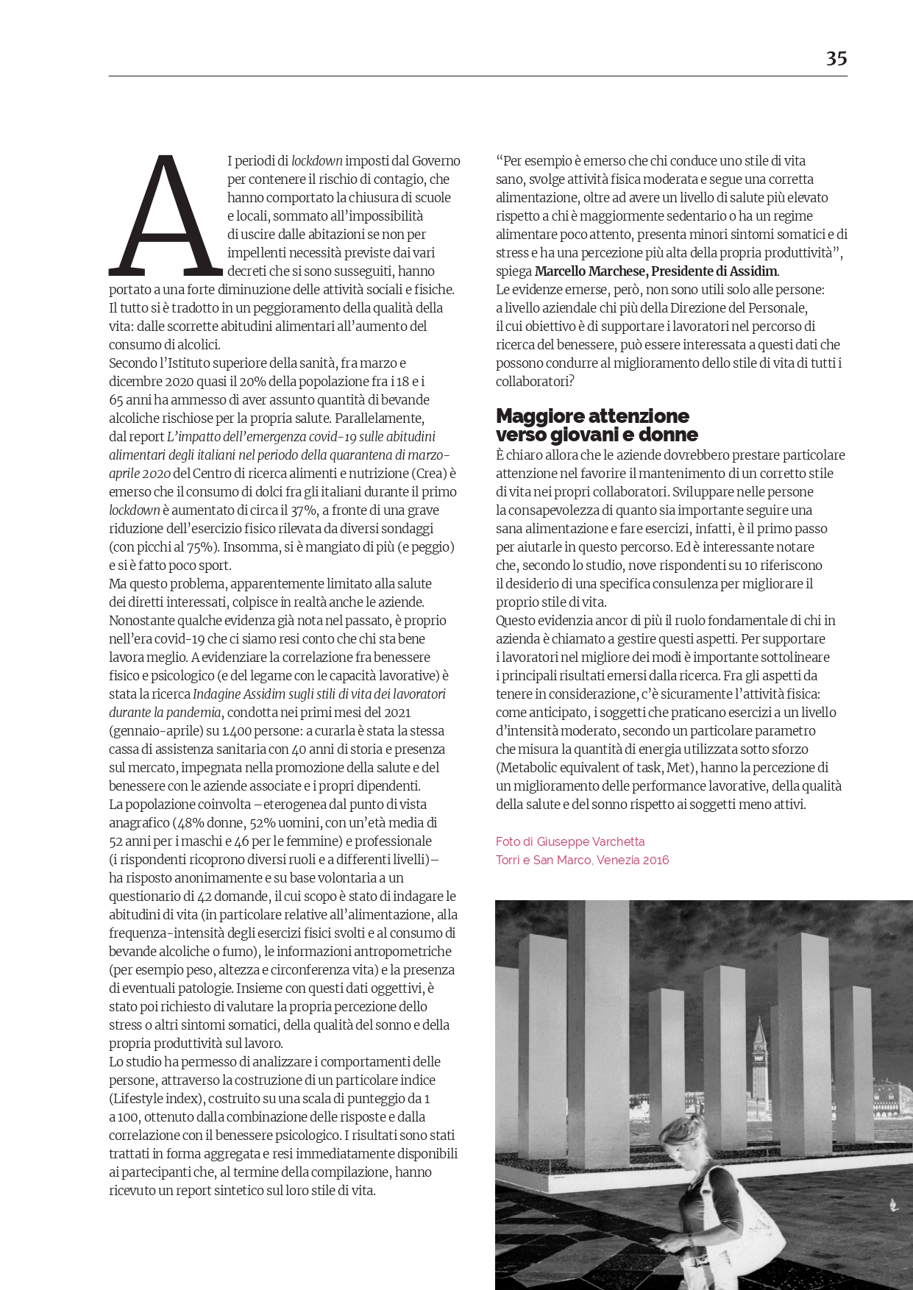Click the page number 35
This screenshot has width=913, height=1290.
click(836, 58)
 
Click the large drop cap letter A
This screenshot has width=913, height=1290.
click(166, 215)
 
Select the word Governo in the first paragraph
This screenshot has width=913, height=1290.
click(436, 160)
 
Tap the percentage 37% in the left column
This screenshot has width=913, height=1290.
click(288, 510)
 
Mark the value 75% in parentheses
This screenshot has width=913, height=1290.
click(202, 546)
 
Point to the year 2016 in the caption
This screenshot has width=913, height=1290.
click(655, 860)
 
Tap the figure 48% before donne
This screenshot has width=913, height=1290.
click(191, 822)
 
